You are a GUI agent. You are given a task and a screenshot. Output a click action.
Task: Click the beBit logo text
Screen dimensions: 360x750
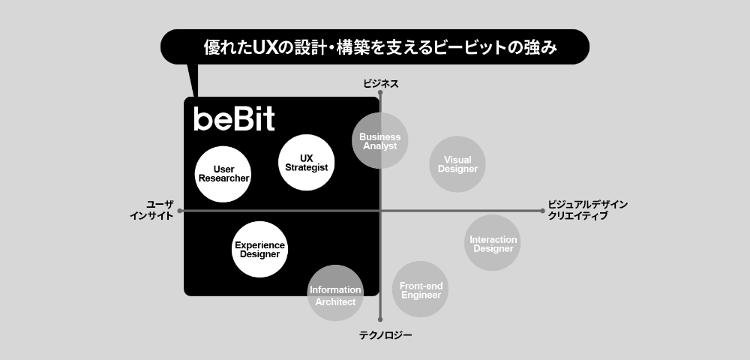[234, 119]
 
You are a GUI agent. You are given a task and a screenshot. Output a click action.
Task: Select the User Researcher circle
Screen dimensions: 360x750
[223, 174]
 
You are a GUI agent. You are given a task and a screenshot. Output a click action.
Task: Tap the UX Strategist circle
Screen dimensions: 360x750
[306, 163]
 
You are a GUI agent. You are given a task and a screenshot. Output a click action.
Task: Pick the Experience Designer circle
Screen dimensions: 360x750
[260, 249]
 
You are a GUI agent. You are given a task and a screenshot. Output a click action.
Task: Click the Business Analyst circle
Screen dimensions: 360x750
[380, 141]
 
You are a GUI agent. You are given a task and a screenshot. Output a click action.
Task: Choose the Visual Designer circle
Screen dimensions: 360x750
[457, 164]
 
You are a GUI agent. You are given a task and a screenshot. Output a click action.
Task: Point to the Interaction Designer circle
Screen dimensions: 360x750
[493, 243]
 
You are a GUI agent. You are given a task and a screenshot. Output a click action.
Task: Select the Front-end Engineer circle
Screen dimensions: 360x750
[421, 289]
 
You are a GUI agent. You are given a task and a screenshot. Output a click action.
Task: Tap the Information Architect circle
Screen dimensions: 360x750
[335, 295]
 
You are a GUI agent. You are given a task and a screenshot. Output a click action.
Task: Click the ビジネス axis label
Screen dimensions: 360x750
[380, 83]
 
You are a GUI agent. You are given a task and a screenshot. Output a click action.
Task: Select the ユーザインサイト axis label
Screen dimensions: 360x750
[151, 210]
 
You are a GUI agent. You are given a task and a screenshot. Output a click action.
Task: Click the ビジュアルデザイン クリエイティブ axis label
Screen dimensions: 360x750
[587, 210]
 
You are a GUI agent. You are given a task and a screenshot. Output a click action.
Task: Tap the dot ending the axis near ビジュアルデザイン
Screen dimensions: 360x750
[542, 211]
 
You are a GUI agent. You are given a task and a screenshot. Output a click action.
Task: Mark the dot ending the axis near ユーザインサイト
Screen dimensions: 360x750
[180, 211]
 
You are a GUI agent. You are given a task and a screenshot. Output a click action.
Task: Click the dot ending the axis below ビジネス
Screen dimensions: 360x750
[381, 94]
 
